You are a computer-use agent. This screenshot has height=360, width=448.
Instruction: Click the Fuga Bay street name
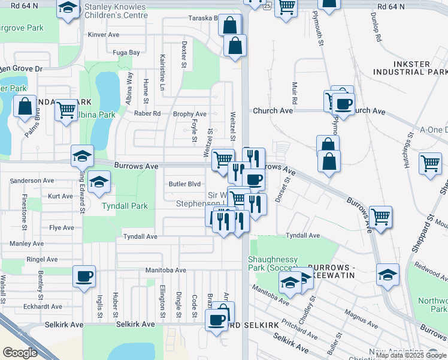coord(126,53)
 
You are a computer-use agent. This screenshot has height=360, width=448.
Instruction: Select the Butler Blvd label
coord(184,184)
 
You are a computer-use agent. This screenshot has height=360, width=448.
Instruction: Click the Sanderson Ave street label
coord(32,181)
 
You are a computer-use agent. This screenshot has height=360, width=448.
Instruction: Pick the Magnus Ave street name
coord(361,318)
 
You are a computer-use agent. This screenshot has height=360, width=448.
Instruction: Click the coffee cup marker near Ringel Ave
coord(84,277)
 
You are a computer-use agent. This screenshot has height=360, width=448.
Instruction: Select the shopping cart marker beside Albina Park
coord(66,110)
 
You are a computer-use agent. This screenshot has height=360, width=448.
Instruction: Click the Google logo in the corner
coord(20,353)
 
